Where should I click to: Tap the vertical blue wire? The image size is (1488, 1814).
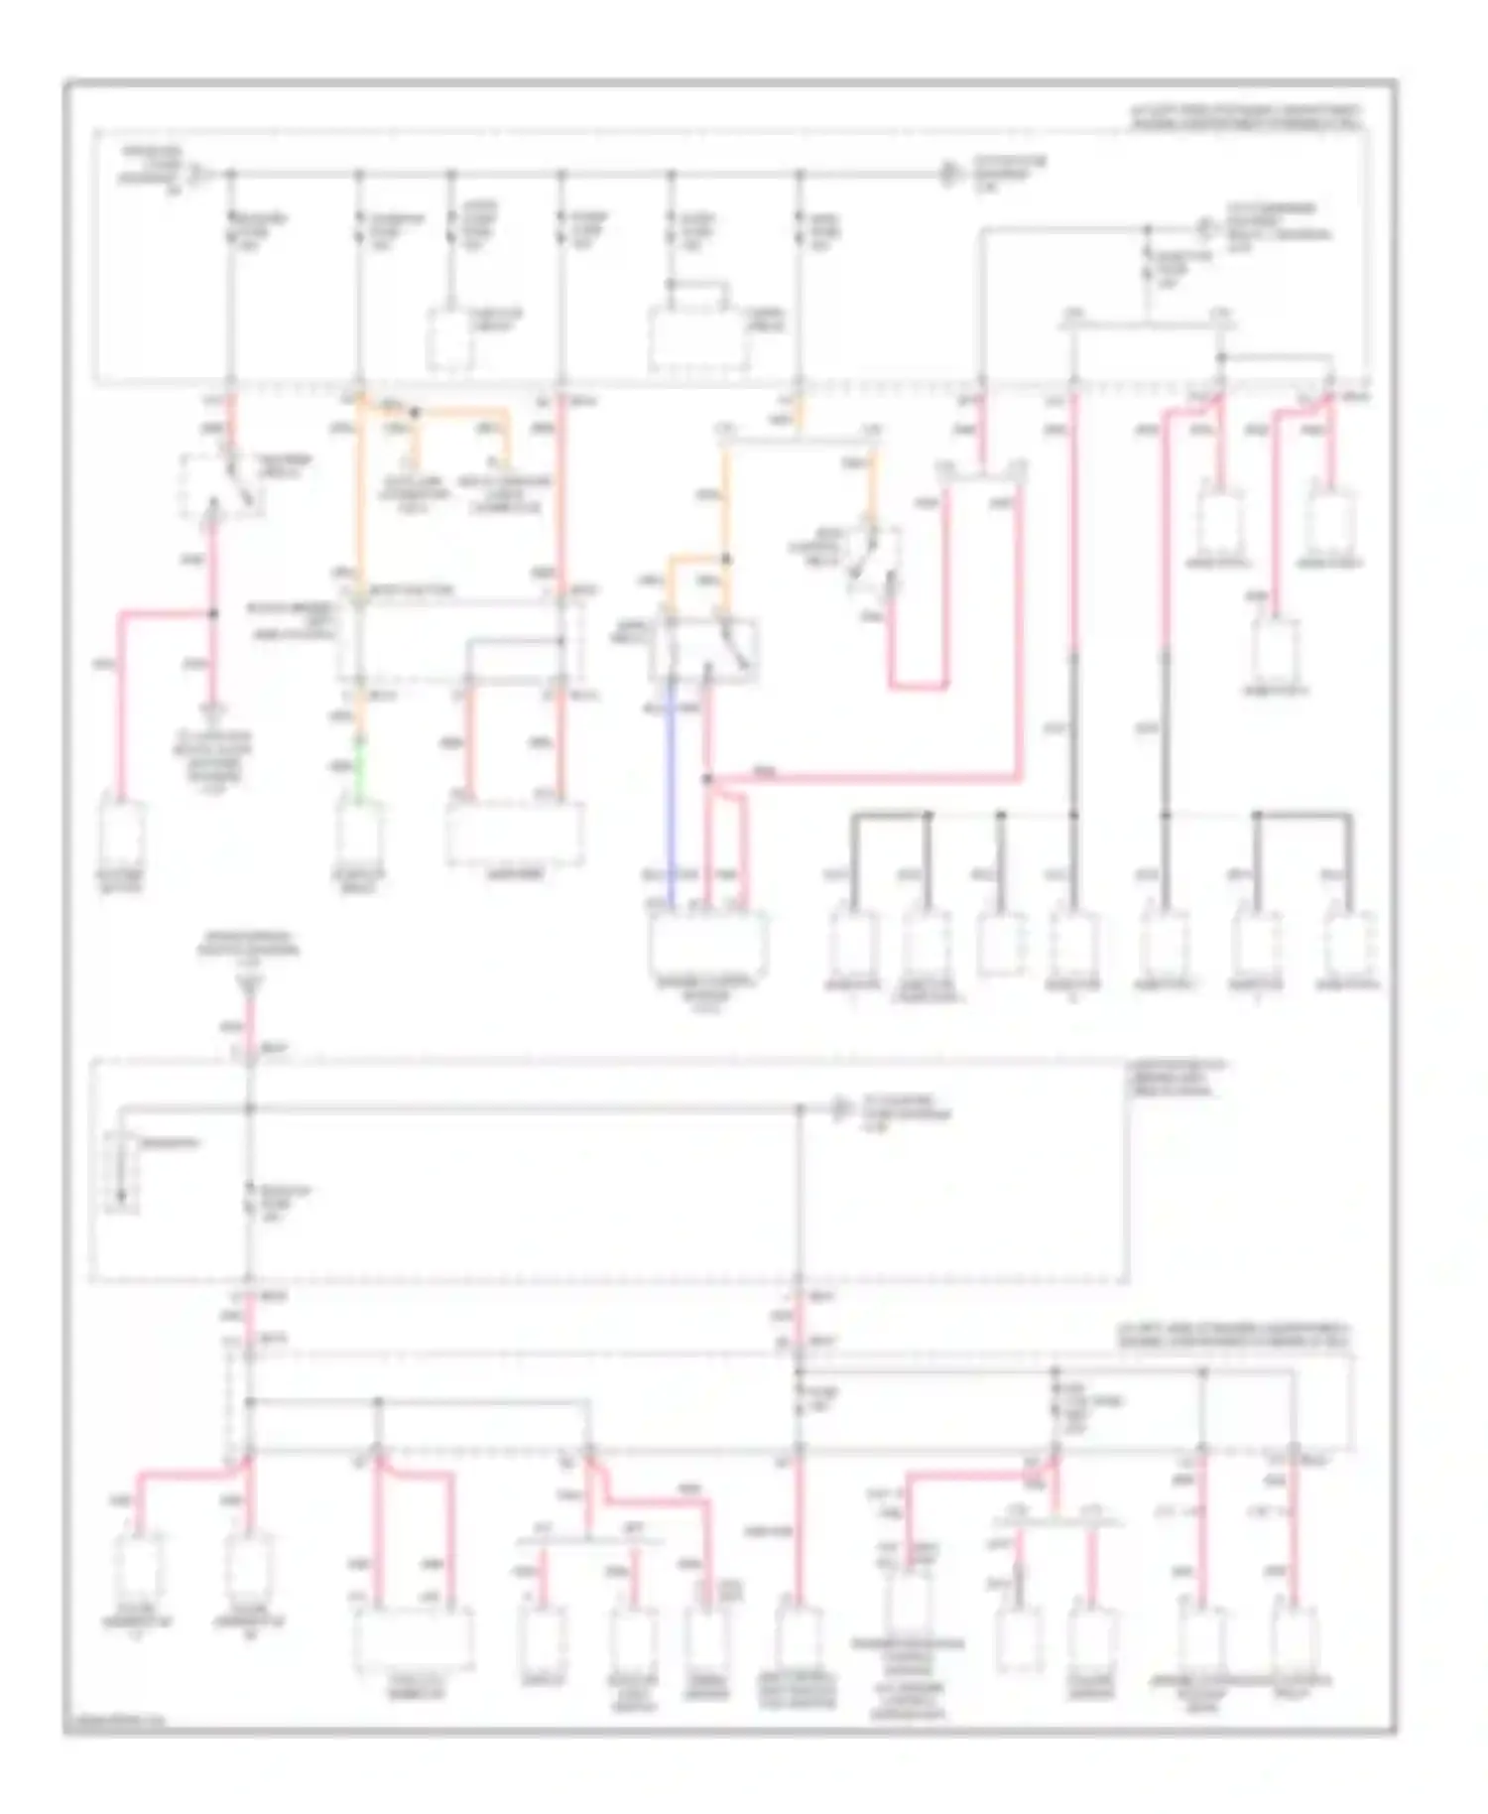pyautogui.click(x=672, y=794)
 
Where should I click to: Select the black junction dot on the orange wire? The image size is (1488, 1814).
pyautogui.click(x=415, y=411)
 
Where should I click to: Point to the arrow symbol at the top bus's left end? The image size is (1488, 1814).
pyautogui.click(x=198, y=175)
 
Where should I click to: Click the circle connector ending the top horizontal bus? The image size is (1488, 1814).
pyautogui.click(x=949, y=175)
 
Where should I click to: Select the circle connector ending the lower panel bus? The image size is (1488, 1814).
pyautogui.click(x=839, y=1108)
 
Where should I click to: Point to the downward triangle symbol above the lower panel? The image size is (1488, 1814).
pyautogui.click(x=249, y=984)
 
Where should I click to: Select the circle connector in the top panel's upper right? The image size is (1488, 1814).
pyautogui.click(x=1205, y=227)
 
